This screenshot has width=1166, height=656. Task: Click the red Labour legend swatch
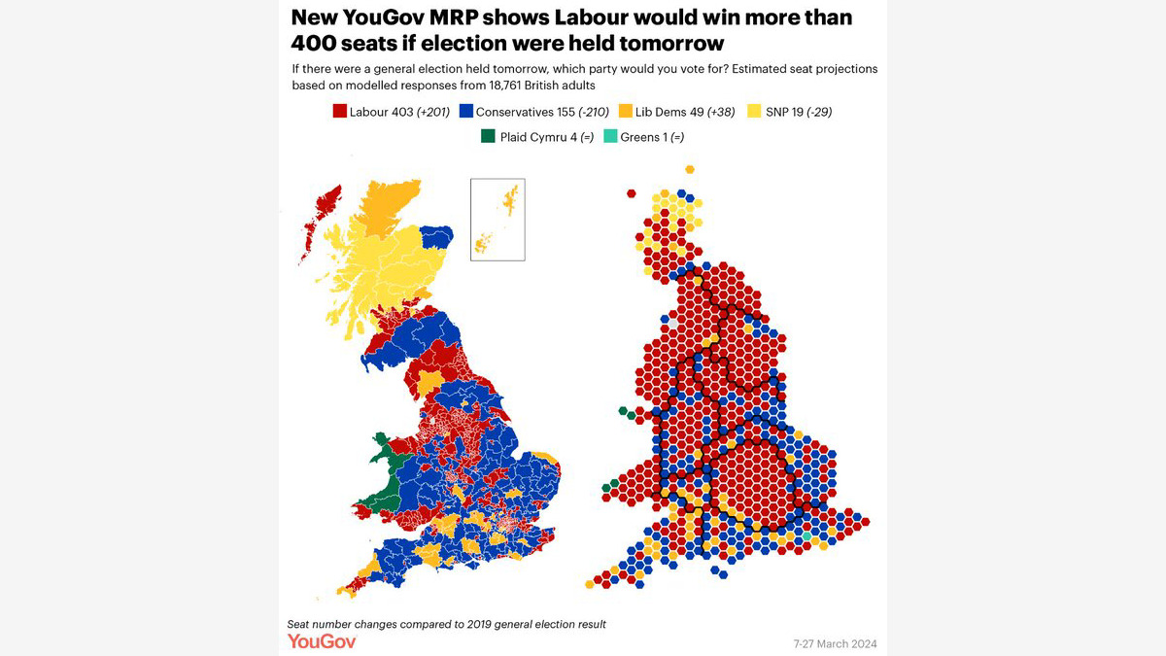(x=340, y=112)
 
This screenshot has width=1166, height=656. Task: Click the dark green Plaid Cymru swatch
(x=488, y=137)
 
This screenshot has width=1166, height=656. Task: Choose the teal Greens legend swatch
(x=609, y=137)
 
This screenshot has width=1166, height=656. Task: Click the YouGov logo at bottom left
(x=321, y=641)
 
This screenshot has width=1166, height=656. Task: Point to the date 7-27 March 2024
(x=834, y=643)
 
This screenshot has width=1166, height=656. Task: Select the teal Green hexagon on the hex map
(x=806, y=536)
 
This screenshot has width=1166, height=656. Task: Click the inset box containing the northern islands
(x=497, y=219)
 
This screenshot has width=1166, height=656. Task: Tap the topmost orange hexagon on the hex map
(x=690, y=169)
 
